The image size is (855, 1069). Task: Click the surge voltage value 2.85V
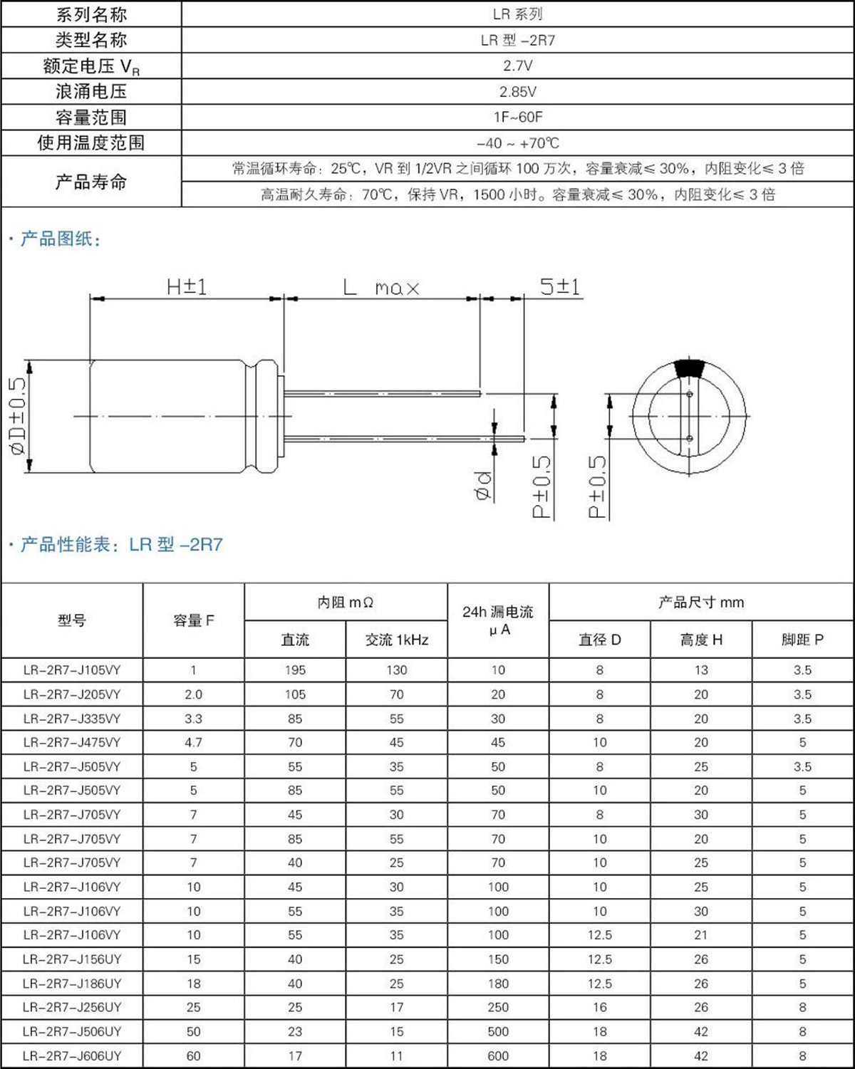(x=517, y=92)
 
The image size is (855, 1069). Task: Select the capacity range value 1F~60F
(x=517, y=117)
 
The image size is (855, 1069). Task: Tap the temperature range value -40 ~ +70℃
(x=517, y=143)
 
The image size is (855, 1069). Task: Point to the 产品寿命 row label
(x=91, y=182)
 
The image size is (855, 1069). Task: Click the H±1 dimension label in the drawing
(x=187, y=287)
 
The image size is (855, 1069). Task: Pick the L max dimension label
(x=382, y=288)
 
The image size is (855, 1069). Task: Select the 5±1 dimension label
(x=560, y=287)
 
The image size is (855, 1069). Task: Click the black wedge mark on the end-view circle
(x=689, y=367)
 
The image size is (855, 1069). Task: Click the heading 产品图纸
(x=60, y=239)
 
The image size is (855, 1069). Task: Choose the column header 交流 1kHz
(x=397, y=640)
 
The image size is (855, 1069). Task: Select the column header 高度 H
(x=701, y=640)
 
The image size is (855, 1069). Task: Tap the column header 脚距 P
(x=802, y=640)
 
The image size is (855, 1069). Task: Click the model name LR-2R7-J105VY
(x=72, y=670)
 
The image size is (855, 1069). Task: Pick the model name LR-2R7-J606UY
(x=72, y=1055)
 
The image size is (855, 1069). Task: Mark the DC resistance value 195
(x=295, y=670)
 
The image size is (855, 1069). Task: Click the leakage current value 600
(x=498, y=1055)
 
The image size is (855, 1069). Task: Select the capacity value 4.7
(x=193, y=742)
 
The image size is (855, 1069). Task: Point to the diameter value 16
(x=600, y=1007)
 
